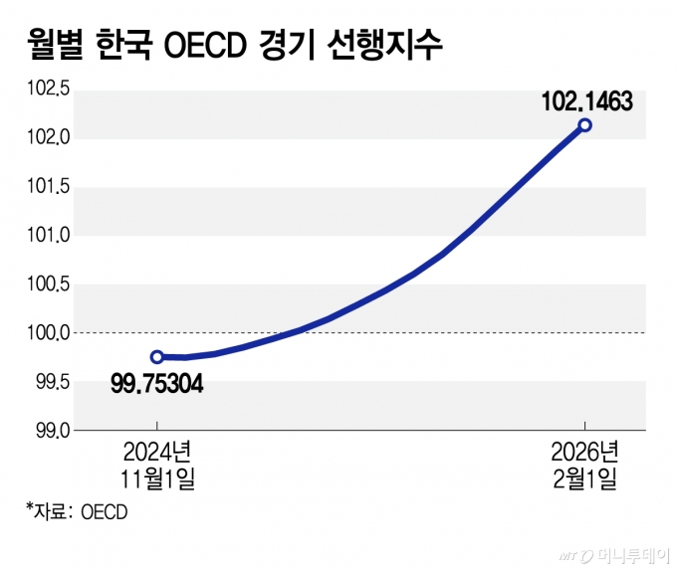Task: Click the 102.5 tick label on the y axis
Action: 47,90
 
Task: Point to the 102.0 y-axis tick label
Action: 47,138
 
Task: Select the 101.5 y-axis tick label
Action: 47,187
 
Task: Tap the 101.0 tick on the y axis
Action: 47,236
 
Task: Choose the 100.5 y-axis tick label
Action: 47,285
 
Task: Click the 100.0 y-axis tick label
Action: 47,333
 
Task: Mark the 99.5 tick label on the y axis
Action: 50,382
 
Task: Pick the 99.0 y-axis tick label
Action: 50,431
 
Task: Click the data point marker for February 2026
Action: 585,125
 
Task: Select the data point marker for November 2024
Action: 157,356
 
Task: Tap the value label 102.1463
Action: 586,101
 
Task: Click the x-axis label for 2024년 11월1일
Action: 157,466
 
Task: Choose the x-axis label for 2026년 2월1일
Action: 585,466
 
